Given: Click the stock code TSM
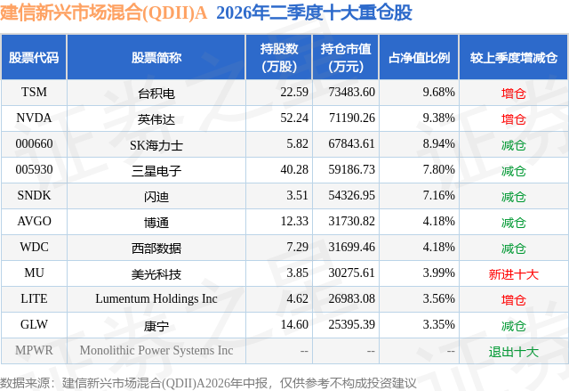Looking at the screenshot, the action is click(34, 93).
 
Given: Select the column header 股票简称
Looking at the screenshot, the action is click(156, 58).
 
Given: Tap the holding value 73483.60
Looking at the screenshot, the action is click(352, 93).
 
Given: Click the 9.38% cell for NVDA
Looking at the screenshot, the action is click(438, 118).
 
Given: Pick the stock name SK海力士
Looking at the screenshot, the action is click(156, 145).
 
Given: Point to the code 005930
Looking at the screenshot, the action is click(34, 170).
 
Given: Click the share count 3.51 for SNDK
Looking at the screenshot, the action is click(297, 196).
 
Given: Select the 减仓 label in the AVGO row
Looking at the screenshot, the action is click(514, 223).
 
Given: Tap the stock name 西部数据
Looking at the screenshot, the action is click(156, 248).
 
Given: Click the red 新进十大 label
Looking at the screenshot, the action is click(514, 274).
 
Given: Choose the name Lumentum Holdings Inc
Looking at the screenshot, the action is click(156, 298).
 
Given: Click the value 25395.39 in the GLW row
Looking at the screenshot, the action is click(352, 324).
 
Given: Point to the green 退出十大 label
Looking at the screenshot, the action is click(514, 352).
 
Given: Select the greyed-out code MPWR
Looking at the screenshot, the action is click(34, 350).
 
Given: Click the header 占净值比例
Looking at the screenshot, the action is click(419, 58).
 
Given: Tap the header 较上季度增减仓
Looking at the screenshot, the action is click(514, 58).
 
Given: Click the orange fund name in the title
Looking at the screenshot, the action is click(103, 12).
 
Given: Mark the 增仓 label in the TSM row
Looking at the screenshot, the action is click(514, 94).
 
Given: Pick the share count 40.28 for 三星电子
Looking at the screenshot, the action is click(294, 170).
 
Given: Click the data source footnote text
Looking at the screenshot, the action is click(208, 383).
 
